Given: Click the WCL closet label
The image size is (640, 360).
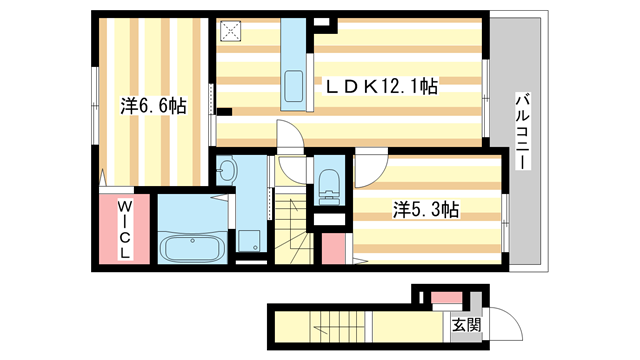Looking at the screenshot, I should point(124,229).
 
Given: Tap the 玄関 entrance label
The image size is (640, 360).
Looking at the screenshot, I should point(466,324).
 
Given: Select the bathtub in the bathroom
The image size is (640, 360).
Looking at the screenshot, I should point(190,247).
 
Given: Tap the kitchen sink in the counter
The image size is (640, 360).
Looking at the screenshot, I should point(294,82).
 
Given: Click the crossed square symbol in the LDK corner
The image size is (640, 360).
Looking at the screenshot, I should point(233,31).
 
